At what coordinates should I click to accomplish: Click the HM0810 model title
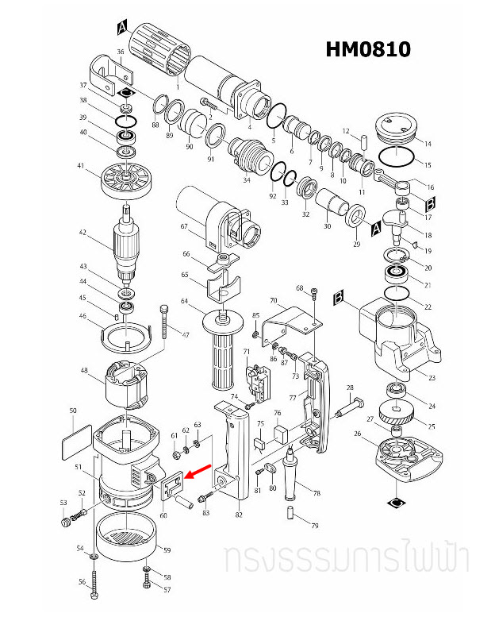368,49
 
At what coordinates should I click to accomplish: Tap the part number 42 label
81,233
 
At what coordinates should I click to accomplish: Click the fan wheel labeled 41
126,179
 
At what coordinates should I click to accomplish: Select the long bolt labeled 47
165,327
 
